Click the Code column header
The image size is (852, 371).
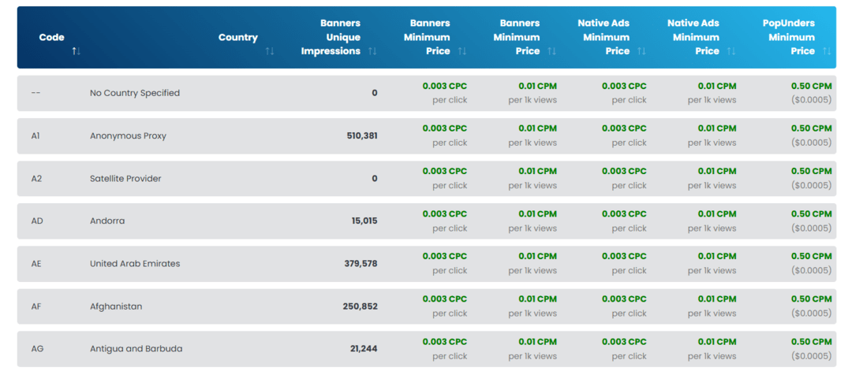(51, 37)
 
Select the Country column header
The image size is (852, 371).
(237, 37)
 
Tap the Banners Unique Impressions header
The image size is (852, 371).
(331, 37)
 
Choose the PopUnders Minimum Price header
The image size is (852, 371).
(789, 37)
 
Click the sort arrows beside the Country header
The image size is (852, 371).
(270, 51)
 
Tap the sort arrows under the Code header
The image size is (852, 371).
(76, 51)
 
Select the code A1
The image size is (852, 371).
(36, 135)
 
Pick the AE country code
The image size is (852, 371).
(36, 264)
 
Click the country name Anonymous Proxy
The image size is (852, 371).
(128, 135)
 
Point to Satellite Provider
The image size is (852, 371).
(125, 179)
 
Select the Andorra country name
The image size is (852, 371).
(107, 221)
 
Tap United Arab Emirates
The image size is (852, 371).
(135, 264)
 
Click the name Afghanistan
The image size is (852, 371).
(116, 306)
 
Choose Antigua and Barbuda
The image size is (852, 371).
(136, 349)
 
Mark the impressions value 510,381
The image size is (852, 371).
(362, 135)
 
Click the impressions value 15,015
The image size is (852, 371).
(364, 221)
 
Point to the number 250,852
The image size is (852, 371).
(360, 306)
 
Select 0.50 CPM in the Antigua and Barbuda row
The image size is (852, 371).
(811, 342)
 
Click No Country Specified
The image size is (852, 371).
(135, 93)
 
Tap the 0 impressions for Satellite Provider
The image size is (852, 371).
(375, 179)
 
